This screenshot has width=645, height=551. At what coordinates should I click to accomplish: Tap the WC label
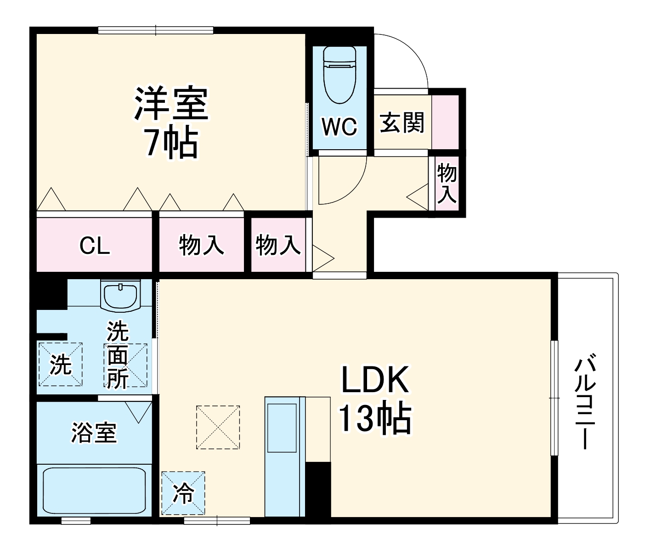click(339, 126)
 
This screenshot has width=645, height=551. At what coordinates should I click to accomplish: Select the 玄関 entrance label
click(402, 123)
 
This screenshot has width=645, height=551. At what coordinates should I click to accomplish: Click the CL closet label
click(95, 246)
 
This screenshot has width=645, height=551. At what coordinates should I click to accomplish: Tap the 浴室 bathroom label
click(94, 432)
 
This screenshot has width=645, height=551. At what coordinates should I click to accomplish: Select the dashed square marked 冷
click(183, 493)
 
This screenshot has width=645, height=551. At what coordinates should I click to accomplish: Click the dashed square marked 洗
click(61, 364)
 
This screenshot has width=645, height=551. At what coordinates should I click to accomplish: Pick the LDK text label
click(374, 379)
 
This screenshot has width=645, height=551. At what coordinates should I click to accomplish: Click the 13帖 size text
click(374, 418)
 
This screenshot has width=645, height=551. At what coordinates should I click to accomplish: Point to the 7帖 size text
click(171, 142)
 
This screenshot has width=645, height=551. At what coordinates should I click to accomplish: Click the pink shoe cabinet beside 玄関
click(445, 122)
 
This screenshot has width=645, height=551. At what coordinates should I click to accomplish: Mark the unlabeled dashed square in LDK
click(218, 427)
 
